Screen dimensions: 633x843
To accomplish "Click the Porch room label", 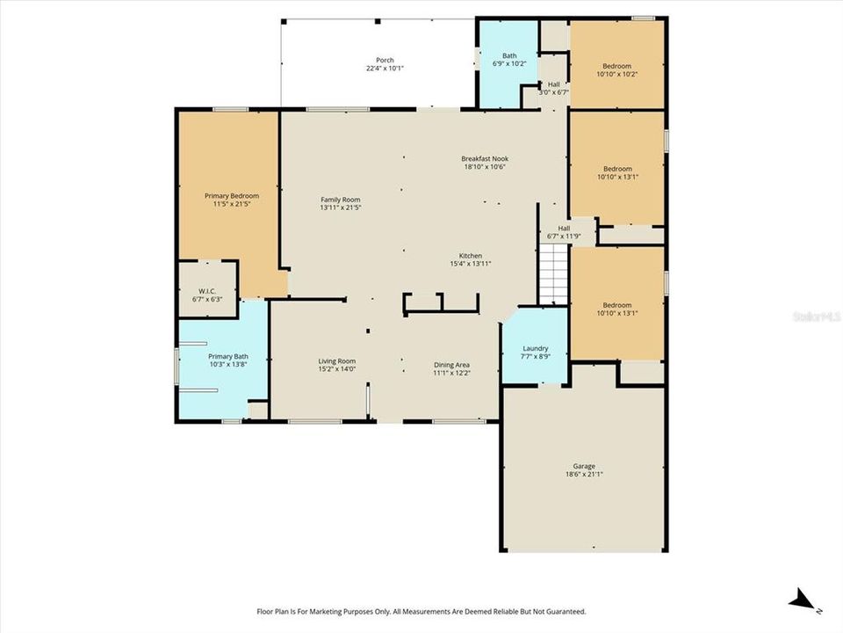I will [x=384, y=59].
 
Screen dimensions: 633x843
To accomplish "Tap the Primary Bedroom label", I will [x=232, y=195].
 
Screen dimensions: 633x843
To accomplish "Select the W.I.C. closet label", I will [x=207, y=290].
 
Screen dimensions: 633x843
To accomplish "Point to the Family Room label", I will [x=340, y=200].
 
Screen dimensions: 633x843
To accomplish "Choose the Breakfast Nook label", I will [x=485, y=159].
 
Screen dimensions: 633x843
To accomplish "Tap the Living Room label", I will [x=336, y=360].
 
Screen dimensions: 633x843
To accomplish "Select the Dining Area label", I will [x=451, y=364].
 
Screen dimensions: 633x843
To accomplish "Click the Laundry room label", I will [x=535, y=348].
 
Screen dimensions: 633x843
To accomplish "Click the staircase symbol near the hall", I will [x=553, y=273].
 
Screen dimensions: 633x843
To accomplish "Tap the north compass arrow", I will [x=803, y=601].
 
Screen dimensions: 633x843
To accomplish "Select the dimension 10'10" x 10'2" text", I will [x=616, y=75].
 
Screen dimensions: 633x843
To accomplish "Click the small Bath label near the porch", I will [x=509, y=55].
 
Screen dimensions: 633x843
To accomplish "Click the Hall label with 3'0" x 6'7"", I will [x=553, y=84].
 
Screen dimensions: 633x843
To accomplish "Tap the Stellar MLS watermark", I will [x=817, y=314].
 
